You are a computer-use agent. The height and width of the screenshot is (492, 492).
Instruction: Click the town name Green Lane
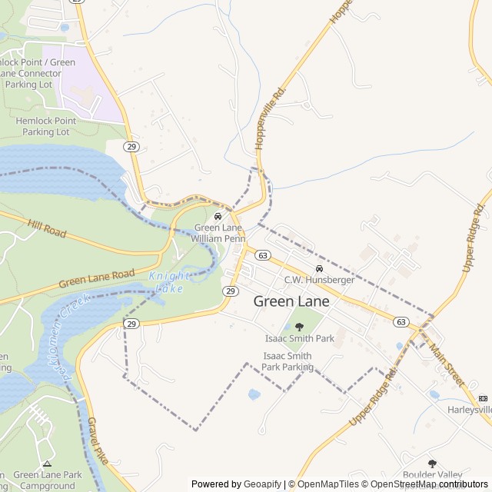point(291,301)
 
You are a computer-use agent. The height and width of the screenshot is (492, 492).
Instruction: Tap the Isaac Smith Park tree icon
point(299,327)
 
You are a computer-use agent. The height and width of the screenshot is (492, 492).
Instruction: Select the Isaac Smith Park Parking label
point(287,361)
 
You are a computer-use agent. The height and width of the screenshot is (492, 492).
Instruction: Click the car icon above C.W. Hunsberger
point(319,268)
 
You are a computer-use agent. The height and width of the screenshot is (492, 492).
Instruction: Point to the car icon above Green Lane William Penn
point(218,216)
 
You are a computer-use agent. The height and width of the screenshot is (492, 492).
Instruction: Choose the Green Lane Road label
point(97,278)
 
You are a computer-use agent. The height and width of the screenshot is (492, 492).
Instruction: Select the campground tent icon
point(47,464)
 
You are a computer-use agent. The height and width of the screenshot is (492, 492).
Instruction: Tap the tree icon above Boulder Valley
point(432,464)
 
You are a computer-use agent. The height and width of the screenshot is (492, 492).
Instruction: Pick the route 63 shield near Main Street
point(400,321)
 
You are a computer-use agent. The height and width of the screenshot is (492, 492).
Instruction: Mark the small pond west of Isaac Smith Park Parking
point(254,394)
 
